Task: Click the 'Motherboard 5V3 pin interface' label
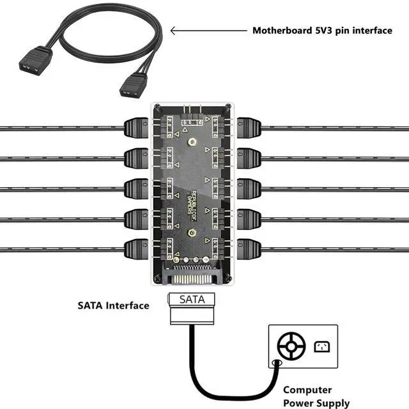(322, 30)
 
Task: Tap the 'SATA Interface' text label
(113, 305)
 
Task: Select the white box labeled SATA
(192, 299)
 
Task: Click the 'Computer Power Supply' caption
(316, 396)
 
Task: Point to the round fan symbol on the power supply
(290, 347)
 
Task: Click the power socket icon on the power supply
(321, 347)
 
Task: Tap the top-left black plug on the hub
(136, 127)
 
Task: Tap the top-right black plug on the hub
(249, 127)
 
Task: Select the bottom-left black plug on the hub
(136, 249)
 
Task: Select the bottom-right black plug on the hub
(249, 249)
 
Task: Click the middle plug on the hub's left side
(136, 188)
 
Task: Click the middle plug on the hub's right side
(249, 188)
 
